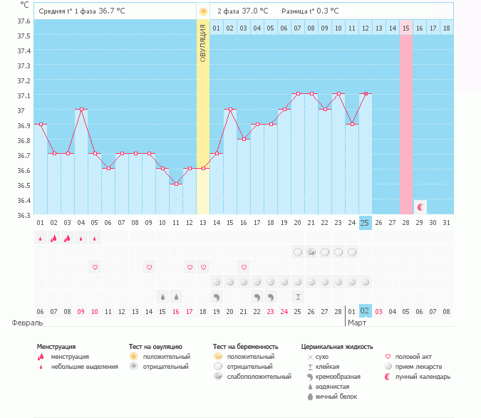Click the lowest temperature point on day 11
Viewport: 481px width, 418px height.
[176, 184]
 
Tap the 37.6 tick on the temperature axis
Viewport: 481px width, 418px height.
[24, 21]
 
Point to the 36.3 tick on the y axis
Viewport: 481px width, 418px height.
[24, 214]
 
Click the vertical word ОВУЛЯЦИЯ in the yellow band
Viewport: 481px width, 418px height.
[203, 43]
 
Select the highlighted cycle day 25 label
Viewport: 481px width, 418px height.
[365, 223]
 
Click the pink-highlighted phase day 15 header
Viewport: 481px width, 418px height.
[406, 28]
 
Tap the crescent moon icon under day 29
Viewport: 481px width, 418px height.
[420, 207]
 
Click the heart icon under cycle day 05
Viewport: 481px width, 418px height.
[95, 267]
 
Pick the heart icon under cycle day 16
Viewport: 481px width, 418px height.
[244, 267]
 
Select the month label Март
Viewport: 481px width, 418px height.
[356, 323]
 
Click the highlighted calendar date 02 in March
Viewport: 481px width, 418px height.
[365, 311]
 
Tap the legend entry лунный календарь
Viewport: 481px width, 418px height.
[423, 376]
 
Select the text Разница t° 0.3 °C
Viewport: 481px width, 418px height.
[310, 11]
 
